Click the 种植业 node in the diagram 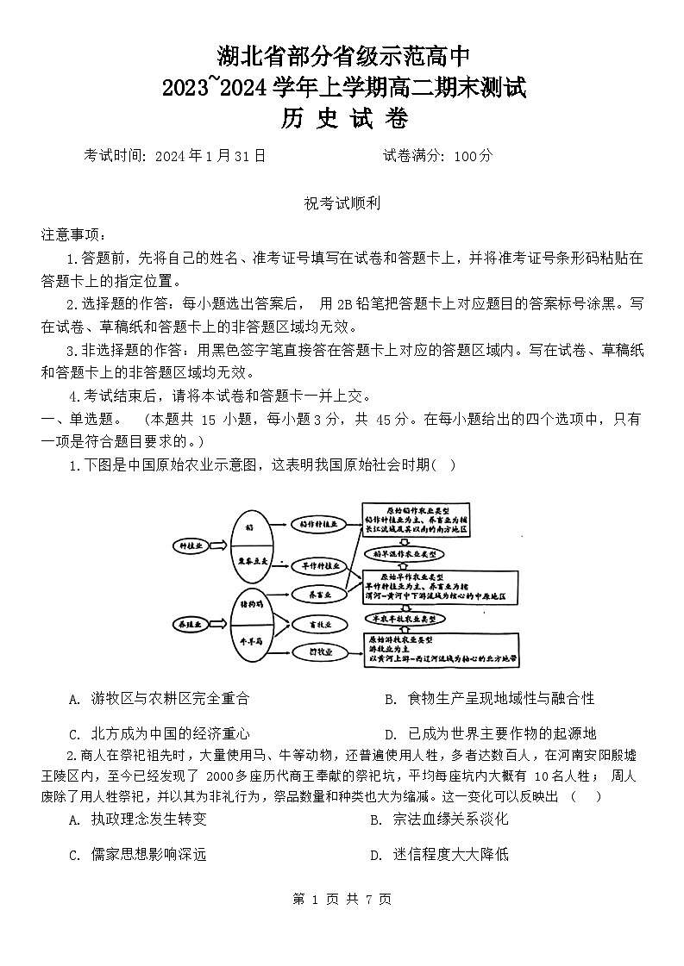[187, 545]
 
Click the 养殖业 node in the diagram [187, 622]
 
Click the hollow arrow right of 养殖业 [216, 622]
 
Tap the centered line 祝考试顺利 [342, 204]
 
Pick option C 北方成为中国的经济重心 [160, 734]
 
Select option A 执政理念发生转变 [139, 820]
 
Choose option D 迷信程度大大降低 [440, 855]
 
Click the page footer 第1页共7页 [342, 899]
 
